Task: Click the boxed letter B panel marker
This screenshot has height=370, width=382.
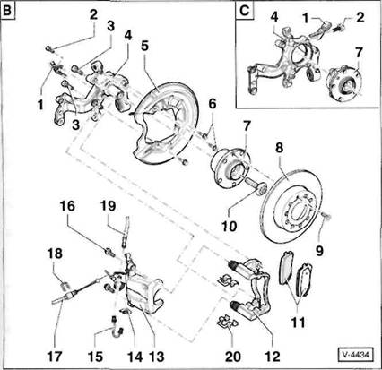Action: click(7, 11)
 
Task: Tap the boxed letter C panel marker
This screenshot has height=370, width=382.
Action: click(245, 11)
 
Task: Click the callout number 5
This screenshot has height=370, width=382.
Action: click(145, 47)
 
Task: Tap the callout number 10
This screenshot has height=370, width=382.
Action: click(229, 226)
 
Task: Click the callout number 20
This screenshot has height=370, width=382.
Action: click(233, 357)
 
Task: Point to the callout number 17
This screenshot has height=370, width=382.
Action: click(55, 357)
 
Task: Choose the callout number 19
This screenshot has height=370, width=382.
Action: click(108, 206)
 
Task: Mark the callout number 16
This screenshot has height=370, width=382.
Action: click(67, 206)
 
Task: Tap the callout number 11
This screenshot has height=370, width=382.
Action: click(298, 323)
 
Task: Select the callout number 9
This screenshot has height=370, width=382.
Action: click(319, 251)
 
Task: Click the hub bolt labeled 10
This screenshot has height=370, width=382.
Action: click(256, 186)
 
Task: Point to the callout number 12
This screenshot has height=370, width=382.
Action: click(273, 357)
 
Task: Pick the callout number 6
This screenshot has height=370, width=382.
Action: click(213, 104)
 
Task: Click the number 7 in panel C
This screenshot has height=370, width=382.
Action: click(359, 53)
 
